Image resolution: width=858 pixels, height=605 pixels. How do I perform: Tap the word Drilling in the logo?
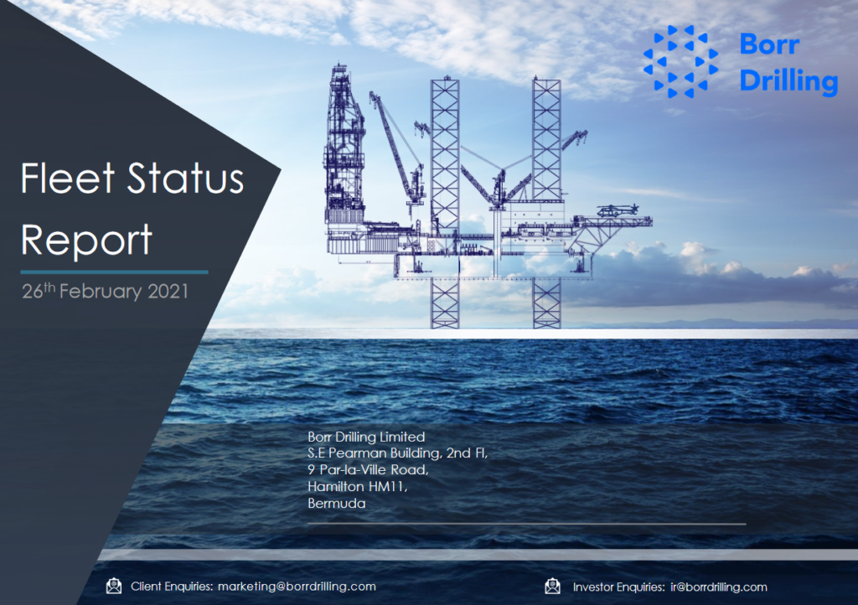click(788, 80)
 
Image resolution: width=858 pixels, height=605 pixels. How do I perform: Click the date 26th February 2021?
click(105, 292)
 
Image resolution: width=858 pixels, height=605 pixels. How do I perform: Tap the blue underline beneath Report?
click(114, 271)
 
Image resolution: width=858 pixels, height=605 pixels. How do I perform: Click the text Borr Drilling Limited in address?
click(366, 437)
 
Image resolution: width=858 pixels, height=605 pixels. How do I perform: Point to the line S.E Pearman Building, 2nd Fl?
click(397, 453)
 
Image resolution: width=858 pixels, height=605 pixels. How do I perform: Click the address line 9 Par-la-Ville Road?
click(368, 470)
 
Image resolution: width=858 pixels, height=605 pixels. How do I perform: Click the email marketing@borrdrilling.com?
click(297, 587)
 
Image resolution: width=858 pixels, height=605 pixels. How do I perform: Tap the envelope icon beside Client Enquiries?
click(114, 586)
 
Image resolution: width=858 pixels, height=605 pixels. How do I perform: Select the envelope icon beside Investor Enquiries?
click(552, 586)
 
